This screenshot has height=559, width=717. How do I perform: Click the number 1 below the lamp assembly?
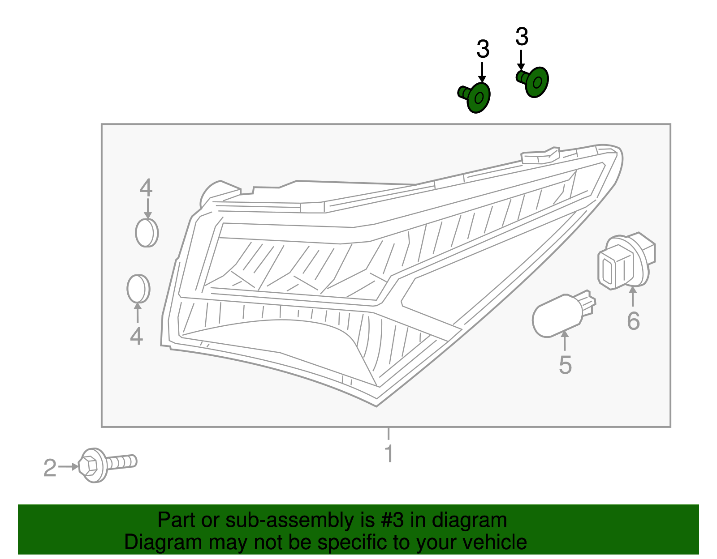(389, 454)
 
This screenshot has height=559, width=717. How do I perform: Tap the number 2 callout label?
(50, 468)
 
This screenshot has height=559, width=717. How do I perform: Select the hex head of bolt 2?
(89, 465)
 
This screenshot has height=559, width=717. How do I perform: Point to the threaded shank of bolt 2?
(121, 462)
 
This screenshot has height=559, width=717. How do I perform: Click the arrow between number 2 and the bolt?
(69, 467)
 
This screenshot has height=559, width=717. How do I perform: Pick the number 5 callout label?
(565, 365)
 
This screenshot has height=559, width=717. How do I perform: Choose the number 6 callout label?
(633, 321)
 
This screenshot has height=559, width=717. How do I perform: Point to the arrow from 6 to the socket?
(633, 296)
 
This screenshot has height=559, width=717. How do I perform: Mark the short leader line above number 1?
(389, 433)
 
